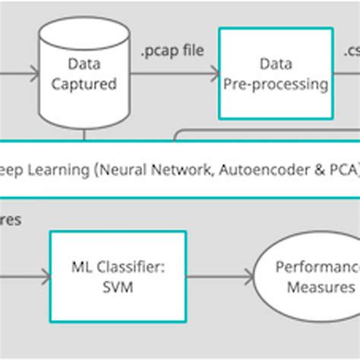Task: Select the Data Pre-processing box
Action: click(x=276, y=73)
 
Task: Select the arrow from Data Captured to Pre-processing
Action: click(x=171, y=74)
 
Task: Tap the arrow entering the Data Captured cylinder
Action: click(x=19, y=74)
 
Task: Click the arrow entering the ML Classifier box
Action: click(x=23, y=277)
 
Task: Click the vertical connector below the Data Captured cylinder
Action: click(x=82, y=135)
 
